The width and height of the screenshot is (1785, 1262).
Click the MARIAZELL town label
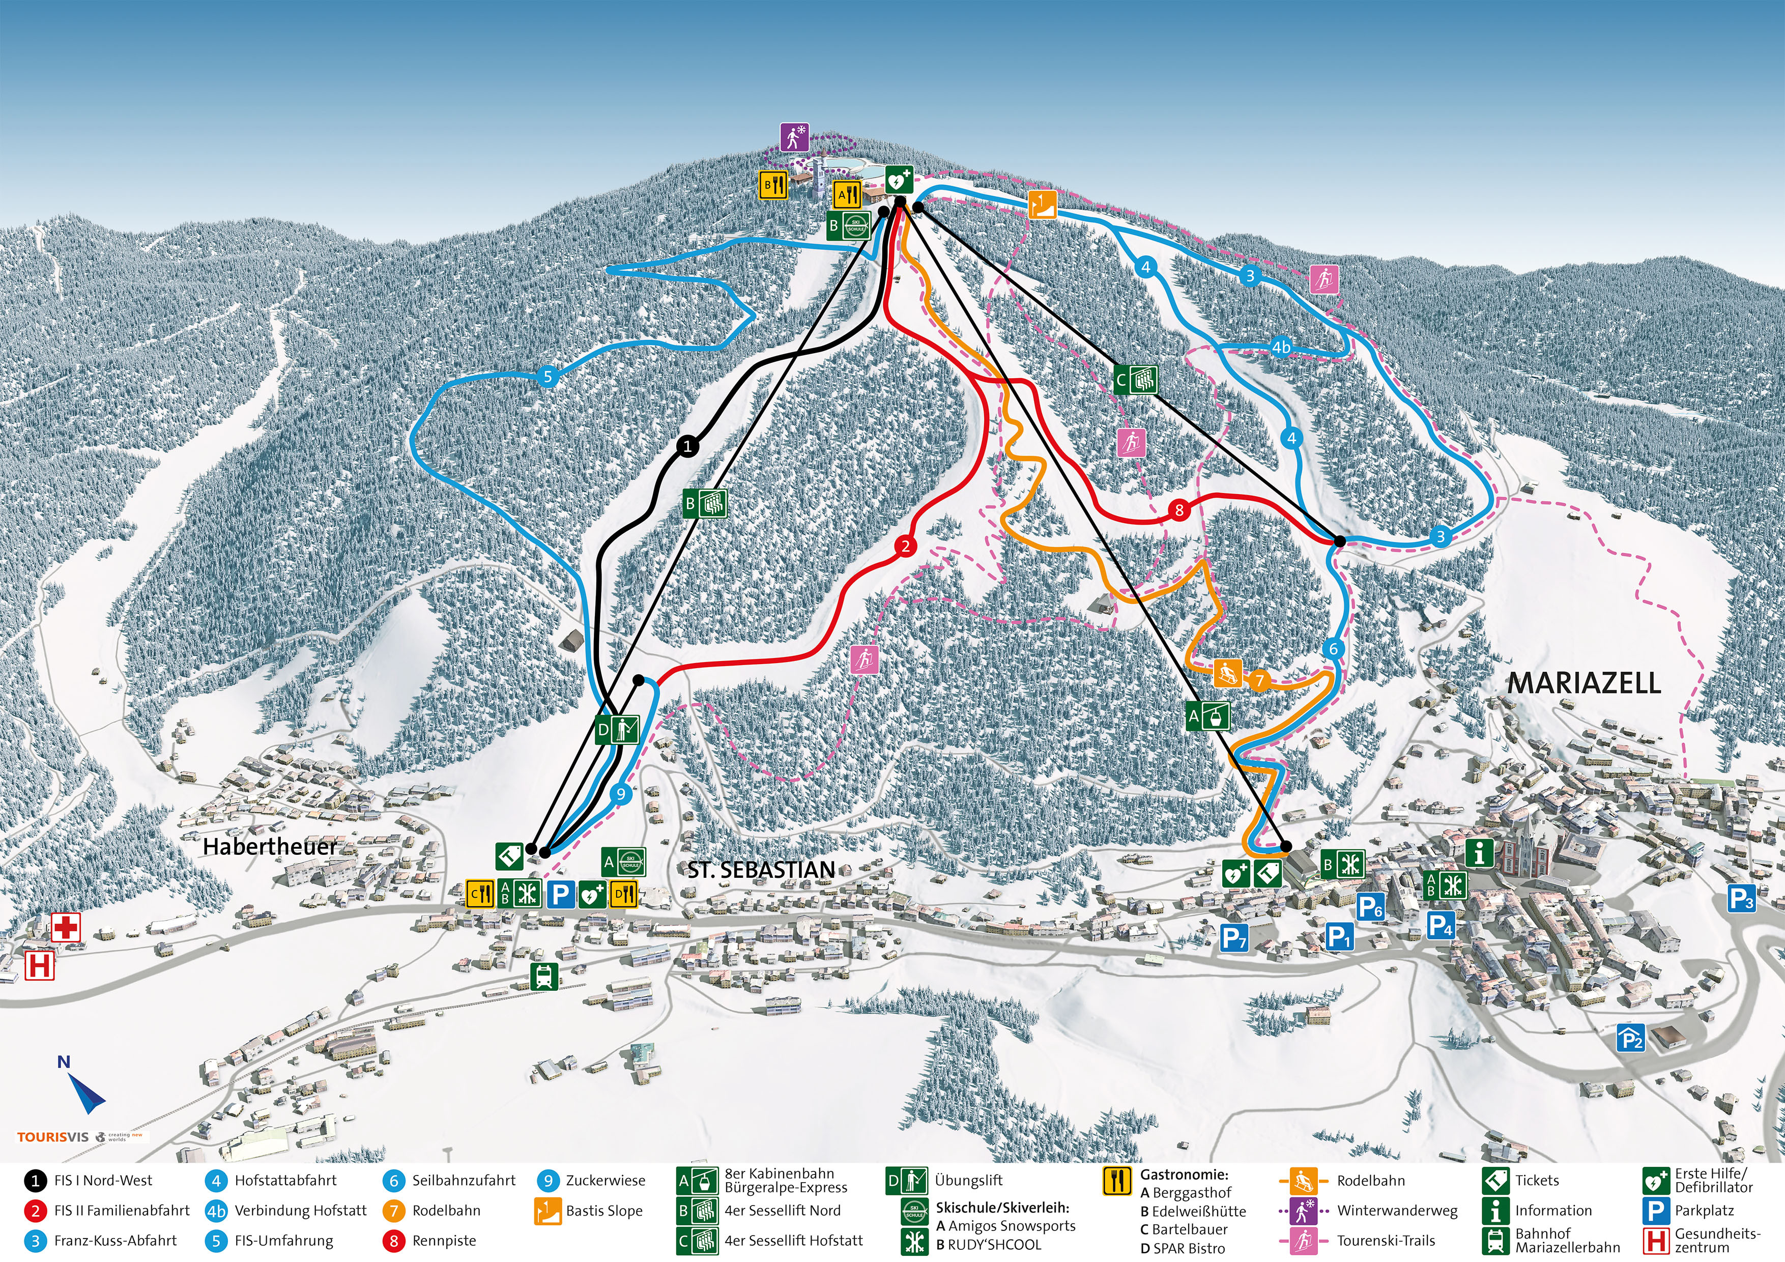(x=1584, y=683)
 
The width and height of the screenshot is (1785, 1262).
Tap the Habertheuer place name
(x=270, y=847)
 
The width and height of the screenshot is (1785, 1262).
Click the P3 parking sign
(x=1741, y=899)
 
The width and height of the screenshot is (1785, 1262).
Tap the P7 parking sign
(x=1234, y=938)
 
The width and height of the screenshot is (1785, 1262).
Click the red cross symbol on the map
(x=66, y=928)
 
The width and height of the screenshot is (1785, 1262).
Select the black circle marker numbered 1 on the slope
(x=687, y=446)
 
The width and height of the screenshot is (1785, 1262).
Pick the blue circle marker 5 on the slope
(x=548, y=377)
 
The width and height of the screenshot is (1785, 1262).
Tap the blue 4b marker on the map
(x=1280, y=347)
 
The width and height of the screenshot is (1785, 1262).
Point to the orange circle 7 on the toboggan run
(x=1259, y=681)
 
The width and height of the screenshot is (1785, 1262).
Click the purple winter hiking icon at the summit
(x=794, y=137)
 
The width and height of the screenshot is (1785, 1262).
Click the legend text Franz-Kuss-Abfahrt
(x=115, y=1241)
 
